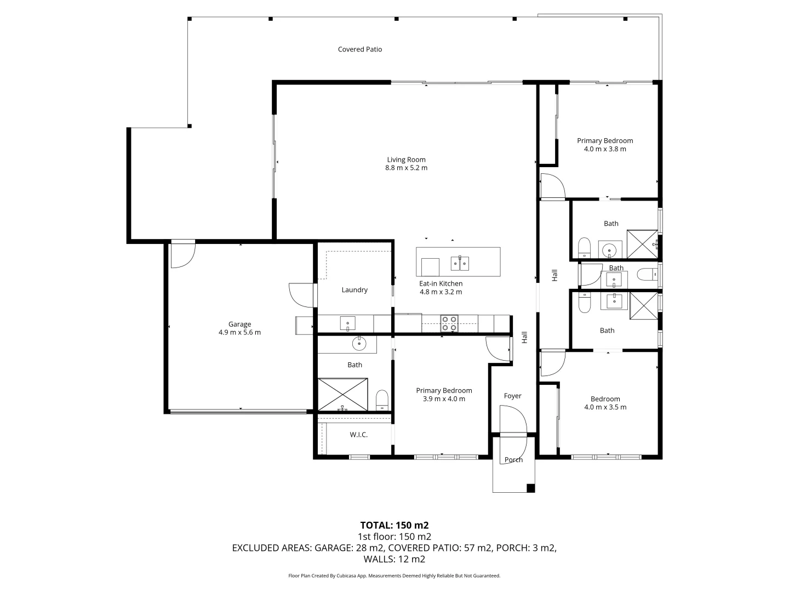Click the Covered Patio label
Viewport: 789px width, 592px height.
[360, 49]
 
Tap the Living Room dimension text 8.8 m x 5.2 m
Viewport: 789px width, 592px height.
[406, 168]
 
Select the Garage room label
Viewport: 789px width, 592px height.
[240, 324]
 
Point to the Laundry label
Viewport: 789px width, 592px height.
[355, 290]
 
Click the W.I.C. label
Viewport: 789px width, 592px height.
[359, 435]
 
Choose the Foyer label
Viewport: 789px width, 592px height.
[513, 396]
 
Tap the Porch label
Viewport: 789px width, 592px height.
[513, 460]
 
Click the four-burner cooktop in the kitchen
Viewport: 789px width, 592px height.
[449, 323]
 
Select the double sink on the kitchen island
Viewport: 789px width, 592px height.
[460, 264]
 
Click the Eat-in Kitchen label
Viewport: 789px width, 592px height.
[441, 283]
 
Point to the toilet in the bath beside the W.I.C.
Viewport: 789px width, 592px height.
[382, 400]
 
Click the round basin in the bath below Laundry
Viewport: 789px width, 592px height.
[359, 344]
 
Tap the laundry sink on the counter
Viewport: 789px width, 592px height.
[348, 323]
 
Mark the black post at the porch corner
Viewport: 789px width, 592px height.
[530, 488]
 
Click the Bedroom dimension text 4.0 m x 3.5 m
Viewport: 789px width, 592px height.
[605, 407]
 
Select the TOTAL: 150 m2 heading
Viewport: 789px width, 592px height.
[395, 526]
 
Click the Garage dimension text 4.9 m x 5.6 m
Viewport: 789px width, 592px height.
[240, 333]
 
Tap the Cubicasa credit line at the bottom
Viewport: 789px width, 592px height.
[395, 576]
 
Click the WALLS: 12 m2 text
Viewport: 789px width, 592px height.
[395, 559]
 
